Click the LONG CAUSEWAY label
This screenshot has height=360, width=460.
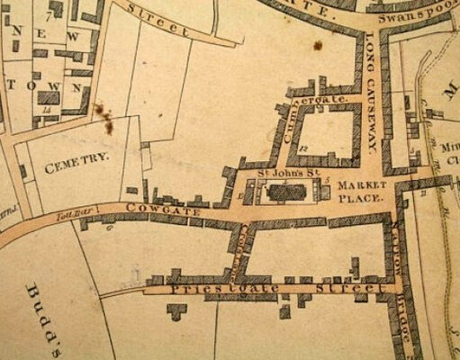pos(371,95)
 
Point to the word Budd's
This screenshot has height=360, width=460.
pos(43,306)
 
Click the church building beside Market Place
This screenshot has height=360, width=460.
pos(285,190)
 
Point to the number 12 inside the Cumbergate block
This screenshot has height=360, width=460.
pos(306,146)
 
